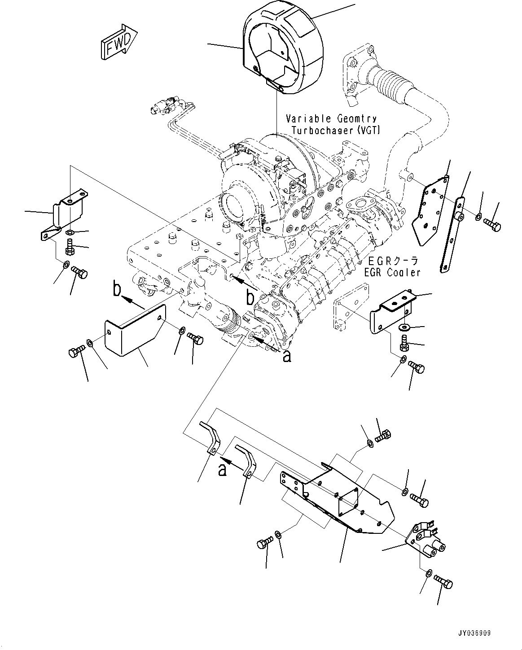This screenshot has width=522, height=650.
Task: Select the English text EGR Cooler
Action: pyautogui.click(x=392, y=273)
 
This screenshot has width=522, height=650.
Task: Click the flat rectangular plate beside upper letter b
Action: pyautogui.click(x=135, y=330)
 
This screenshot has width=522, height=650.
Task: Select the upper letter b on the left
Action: pyautogui.click(x=117, y=288)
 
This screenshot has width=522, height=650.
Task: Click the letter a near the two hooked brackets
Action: pyautogui.click(x=222, y=470)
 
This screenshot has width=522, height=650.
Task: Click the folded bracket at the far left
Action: pyautogui.click(x=63, y=214)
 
